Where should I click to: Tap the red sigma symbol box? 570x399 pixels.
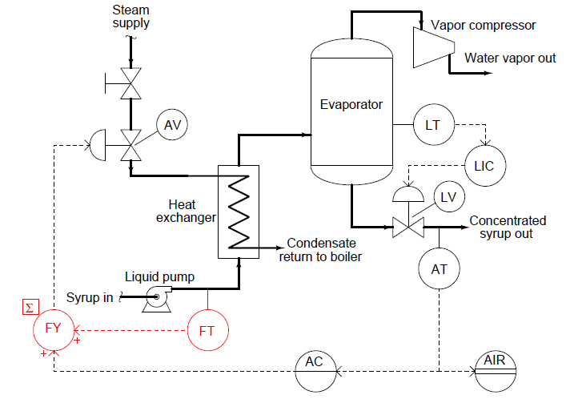[30, 307]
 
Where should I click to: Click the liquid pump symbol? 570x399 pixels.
[157, 299]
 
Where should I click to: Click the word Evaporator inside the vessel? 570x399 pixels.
[351, 105]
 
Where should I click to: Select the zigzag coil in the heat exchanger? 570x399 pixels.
[239, 212]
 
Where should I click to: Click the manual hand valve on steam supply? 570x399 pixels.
[130, 83]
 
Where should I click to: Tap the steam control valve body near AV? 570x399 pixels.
[130, 145]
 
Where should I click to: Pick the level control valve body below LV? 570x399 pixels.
[408, 228]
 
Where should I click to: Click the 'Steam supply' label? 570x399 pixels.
[130, 16]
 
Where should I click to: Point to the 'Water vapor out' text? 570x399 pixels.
[510, 58]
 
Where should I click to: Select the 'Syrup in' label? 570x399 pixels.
[90, 297]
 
